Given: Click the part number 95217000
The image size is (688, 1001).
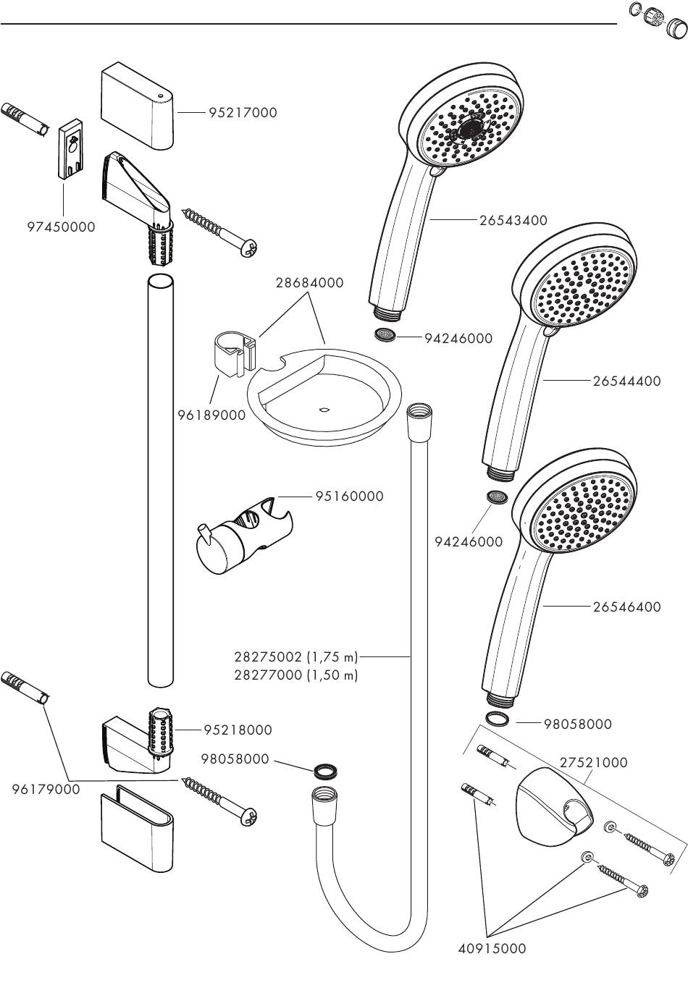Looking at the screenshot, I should [242, 113].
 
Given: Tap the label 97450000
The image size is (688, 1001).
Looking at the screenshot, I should [61, 227].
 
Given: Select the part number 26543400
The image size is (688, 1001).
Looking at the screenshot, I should [513, 220].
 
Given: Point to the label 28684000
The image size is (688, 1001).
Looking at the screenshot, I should [309, 283].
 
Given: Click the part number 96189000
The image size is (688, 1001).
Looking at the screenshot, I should [211, 415].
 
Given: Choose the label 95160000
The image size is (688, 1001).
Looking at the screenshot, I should [349, 497].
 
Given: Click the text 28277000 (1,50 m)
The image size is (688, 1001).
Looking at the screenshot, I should [296, 675].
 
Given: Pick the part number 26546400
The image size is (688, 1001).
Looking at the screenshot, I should [626, 607].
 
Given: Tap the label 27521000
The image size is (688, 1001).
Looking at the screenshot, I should [593, 762].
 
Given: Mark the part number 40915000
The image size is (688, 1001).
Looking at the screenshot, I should [492, 948].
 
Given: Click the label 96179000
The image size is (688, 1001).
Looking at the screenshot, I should [46, 790].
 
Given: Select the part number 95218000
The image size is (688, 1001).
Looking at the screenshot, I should [238, 730].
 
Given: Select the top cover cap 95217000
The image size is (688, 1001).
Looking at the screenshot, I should [137, 105].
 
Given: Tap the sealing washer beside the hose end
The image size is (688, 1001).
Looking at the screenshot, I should [327, 769].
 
